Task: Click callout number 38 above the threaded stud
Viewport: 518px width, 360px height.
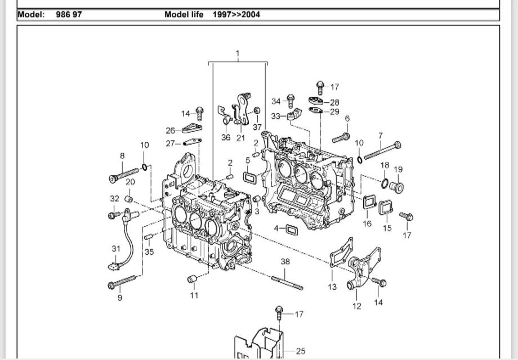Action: (285, 262)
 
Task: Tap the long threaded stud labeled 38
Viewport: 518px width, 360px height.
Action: (287, 282)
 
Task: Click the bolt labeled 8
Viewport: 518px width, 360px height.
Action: (123, 174)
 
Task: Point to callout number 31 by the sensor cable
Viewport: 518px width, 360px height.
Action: (116, 249)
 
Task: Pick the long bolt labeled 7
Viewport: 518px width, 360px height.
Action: (383, 151)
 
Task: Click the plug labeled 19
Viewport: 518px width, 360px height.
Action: (397, 187)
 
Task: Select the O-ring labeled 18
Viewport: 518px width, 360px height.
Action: (384, 183)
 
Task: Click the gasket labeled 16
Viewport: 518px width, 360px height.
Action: (369, 202)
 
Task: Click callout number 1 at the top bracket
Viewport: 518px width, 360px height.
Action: (238, 55)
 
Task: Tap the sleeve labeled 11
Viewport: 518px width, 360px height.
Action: (192, 280)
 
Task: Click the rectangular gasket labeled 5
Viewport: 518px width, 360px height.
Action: (249, 178)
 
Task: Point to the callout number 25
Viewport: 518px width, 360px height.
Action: (301, 352)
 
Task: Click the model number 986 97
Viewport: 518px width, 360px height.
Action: (69, 15)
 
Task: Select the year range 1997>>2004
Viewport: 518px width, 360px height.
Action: (236, 15)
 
